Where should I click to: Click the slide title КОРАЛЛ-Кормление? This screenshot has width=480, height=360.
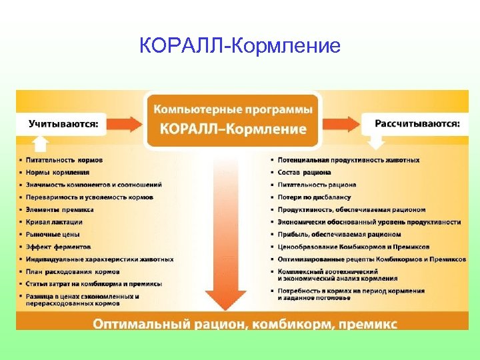240,46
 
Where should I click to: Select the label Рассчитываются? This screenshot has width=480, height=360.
417,123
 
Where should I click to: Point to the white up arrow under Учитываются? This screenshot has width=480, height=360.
41,143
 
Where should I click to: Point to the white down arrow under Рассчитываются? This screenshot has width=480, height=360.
377,142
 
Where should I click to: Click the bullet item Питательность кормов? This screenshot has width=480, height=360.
64,160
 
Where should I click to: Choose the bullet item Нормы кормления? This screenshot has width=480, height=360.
57,172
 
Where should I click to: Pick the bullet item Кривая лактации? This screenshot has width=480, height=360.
54,221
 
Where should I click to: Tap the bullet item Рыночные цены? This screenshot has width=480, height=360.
53,234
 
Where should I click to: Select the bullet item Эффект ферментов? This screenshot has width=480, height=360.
59,247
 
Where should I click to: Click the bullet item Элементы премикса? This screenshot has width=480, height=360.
59,209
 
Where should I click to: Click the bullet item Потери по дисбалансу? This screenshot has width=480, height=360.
314,197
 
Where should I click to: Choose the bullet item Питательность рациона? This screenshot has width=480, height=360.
317,185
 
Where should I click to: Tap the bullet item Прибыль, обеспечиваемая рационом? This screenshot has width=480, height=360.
339,234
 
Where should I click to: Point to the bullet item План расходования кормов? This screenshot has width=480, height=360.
73,271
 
